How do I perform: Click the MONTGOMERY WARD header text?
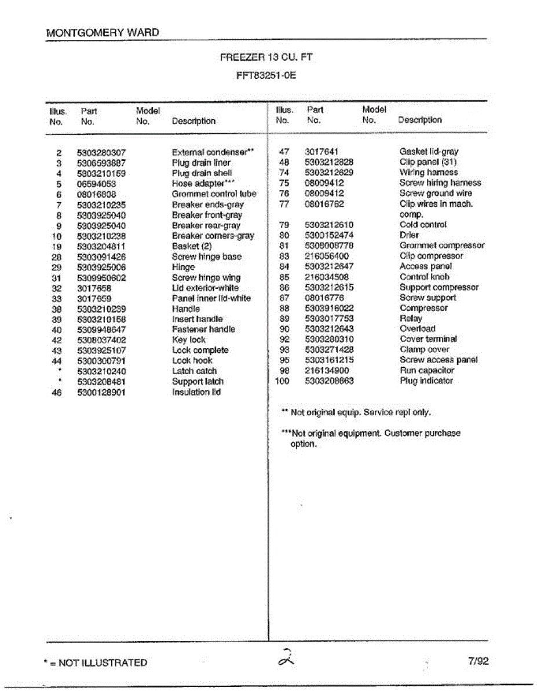click(102, 33)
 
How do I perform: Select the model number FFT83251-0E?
click(266, 75)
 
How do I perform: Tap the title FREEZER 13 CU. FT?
click(266, 57)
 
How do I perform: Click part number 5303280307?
click(101, 153)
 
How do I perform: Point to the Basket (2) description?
click(192, 246)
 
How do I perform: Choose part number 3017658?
click(94, 288)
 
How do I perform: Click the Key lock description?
click(189, 340)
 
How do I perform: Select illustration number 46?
click(57, 392)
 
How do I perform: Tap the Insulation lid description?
click(196, 392)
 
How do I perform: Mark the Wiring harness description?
click(428, 173)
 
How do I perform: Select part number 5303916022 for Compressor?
click(329, 308)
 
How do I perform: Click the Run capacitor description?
click(427, 371)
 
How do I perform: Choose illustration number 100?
click(282, 381)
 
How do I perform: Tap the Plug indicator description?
click(426, 381)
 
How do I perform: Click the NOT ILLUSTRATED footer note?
click(96, 663)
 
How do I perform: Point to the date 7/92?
click(477, 661)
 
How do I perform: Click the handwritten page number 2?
click(286, 659)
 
